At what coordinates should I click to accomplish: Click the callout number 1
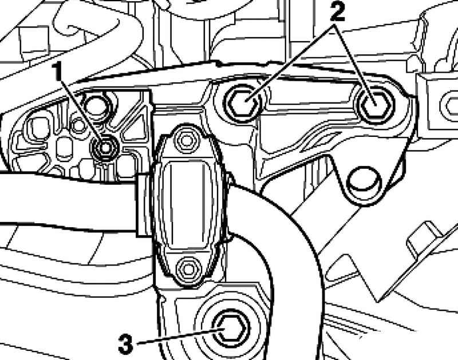click(57, 71)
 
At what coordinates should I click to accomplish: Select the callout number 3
click(125, 344)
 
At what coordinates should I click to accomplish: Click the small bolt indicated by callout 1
click(105, 148)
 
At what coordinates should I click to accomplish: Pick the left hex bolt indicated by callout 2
click(242, 103)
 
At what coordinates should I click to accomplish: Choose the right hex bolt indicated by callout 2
click(374, 103)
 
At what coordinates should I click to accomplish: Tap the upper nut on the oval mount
click(185, 140)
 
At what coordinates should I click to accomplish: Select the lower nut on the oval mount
click(188, 267)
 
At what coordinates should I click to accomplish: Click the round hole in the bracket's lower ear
click(364, 182)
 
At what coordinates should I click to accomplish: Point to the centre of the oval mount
click(188, 204)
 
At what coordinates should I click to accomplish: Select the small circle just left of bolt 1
click(78, 125)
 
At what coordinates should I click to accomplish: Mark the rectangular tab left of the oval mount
click(144, 204)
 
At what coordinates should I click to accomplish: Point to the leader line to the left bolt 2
click(290, 64)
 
